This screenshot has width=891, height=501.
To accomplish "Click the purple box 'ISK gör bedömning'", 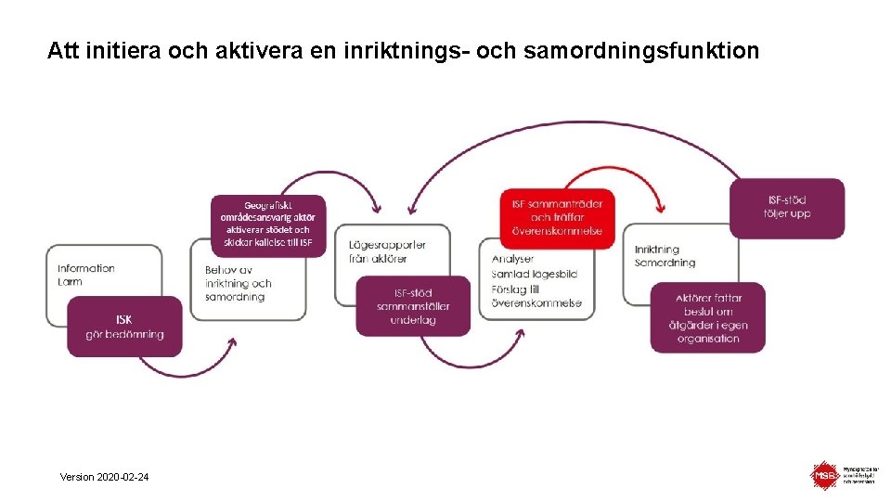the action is (x=124, y=327).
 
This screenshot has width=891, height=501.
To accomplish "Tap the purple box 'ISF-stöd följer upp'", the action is (x=788, y=207).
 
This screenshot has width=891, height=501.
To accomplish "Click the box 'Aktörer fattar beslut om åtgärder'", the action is (x=707, y=317).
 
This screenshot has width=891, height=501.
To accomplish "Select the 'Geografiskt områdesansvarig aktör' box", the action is (x=267, y=224).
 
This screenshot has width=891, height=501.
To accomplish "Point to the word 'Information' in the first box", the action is (x=85, y=268).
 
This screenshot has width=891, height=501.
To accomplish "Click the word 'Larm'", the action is (x=70, y=281).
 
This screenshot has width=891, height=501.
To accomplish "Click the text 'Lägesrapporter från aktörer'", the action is (x=387, y=251).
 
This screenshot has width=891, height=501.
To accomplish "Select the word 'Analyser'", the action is (x=512, y=259).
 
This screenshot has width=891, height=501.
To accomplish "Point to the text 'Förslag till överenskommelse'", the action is (x=536, y=296).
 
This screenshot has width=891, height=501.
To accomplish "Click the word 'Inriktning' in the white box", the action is (x=657, y=249).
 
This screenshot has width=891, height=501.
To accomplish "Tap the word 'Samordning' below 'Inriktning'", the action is (x=665, y=263).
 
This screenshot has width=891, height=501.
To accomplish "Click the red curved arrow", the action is (x=613, y=173).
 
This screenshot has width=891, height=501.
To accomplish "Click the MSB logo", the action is (x=824, y=476).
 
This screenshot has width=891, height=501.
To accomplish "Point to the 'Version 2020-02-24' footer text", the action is (x=103, y=477).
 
